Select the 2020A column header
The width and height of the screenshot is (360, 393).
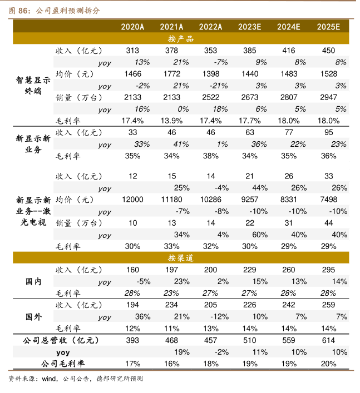click(x=132, y=26)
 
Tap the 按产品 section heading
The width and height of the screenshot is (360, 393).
click(x=180, y=38)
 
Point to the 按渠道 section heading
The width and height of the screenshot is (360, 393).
click(x=180, y=258)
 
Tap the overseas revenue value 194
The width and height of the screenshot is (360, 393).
click(x=132, y=305)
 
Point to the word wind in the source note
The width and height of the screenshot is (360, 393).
click(x=50, y=379)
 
